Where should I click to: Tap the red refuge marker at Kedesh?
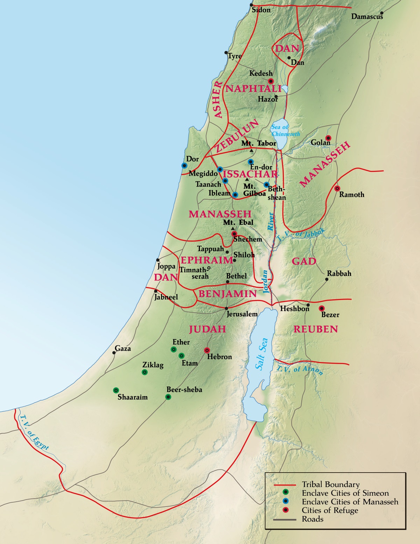270,81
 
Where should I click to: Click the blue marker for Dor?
184,166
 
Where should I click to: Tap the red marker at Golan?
328,138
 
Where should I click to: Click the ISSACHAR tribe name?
250,174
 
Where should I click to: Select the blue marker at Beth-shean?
266,184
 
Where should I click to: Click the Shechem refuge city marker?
234,233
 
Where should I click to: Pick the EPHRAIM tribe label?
206,260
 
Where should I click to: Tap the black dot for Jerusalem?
226,308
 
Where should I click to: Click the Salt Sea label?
261,354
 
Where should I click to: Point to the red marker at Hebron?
207,350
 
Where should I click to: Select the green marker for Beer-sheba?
168,397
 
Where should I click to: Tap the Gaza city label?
123,349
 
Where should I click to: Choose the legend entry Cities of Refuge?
330,510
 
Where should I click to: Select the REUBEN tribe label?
315,329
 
